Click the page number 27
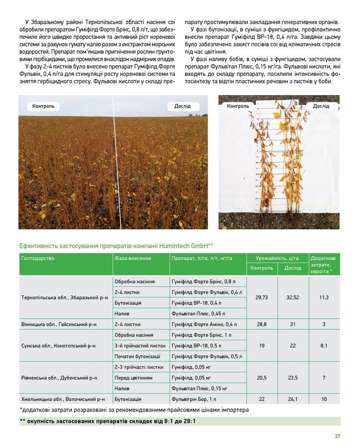[337, 435]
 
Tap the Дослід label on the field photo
[181, 106]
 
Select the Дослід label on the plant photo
[321, 106]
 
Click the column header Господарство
[38, 258]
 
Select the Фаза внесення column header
[132, 258]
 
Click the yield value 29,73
[261, 296]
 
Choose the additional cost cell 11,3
[324, 296]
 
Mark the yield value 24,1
[292, 399]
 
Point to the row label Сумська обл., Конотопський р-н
[61, 345]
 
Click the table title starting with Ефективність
[116, 245]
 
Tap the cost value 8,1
[324, 345]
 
